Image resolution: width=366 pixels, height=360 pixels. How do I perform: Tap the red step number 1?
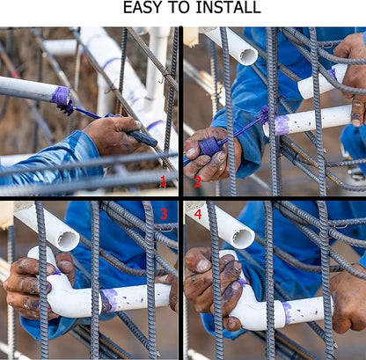tap(163, 181)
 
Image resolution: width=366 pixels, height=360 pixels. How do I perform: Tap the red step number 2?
tap(198, 182)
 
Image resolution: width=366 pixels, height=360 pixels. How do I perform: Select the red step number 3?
tap(164, 214)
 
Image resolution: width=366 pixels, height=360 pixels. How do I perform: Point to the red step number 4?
tap(198, 214)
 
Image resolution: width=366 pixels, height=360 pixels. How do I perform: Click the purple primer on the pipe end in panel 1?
tap(61, 96)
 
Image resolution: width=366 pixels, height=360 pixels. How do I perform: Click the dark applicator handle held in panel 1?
tap(142, 137)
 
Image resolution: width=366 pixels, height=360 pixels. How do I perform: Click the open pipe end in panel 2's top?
tap(248, 56)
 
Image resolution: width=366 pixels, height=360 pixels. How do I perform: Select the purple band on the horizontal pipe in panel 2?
tap(281, 125)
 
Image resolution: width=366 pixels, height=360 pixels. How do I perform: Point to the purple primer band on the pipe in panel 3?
tap(109, 300)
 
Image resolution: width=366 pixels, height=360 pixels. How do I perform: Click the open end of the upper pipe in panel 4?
tap(244, 239)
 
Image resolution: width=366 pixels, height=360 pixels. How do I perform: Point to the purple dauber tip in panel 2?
tap(264, 114)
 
